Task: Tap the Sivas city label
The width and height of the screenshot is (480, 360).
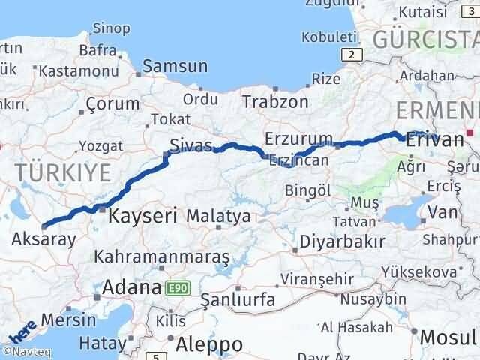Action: point(191,145)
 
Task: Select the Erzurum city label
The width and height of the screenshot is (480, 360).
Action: point(298,139)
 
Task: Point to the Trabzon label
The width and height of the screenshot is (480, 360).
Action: point(276,100)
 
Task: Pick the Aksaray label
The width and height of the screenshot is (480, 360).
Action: point(44,239)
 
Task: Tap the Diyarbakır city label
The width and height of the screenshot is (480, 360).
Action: point(342,241)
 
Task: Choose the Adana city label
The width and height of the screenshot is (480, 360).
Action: point(131,287)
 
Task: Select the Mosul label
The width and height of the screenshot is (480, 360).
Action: point(448,337)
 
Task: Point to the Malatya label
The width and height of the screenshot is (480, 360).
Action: point(218,217)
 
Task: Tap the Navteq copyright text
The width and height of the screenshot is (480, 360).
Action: point(28,351)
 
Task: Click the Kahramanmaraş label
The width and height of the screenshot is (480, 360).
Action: point(161,256)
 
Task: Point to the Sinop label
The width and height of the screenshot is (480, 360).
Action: point(110,28)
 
